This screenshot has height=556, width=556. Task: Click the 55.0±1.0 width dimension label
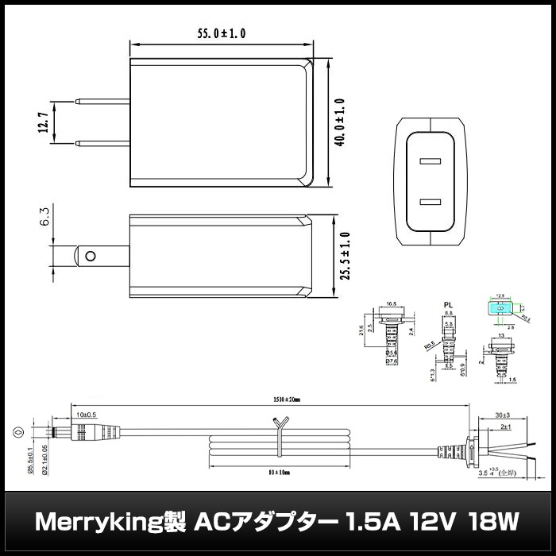(x=222, y=33)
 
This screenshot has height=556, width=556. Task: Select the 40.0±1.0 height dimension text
(x=341, y=119)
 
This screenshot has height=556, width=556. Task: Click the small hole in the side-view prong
(x=91, y=257)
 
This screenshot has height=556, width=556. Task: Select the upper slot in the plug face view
(x=431, y=162)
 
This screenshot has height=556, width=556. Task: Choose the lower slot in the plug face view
(x=431, y=202)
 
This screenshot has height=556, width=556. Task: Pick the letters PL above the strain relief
(x=449, y=304)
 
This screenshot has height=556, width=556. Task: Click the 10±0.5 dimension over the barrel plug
(x=87, y=415)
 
